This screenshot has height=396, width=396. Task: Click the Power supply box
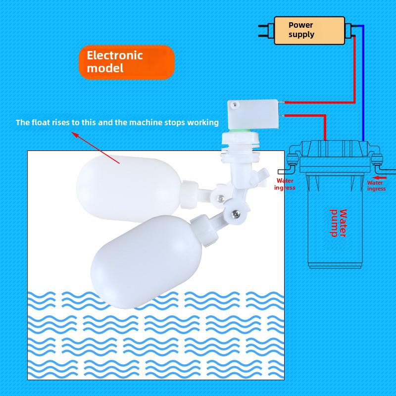(x=309, y=31)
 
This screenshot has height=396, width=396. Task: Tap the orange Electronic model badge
(x=127, y=62)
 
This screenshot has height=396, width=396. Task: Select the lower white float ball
(x=147, y=261)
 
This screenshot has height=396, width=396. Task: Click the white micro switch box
(x=253, y=115)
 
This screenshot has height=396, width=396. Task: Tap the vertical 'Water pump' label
(x=338, y=223)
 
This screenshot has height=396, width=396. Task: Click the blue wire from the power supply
(x=363, y=83)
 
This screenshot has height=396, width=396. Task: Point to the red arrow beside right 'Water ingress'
(x=379, y=178)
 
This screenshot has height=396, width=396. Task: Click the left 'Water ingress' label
(x=285, y=184)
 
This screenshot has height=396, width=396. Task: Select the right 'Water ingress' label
(x=376, y=186)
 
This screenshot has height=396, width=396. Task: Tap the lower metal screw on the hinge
(x=237, y=214)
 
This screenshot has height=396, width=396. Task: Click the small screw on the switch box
(x=236, y=104)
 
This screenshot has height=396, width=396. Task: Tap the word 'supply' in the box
(x=301, y=35)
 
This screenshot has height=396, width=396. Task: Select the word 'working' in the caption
(x=203, y=123)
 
